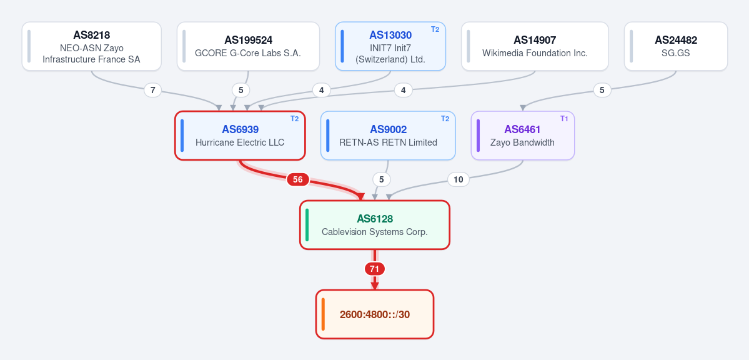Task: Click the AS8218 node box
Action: pyautogui.click(x=92, y=46)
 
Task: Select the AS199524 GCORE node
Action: pyautogui.click(x=248, y=46)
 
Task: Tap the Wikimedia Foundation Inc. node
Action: pyautogui.click(x=535, y=46)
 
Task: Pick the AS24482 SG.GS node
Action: pyautogui.click(x=675, y=46)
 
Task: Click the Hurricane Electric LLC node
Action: pyautogui.click(x=240, y=136)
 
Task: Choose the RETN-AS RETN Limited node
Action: pyautogui.click(x=388, y=136)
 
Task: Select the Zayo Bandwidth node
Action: pyautogui.click(x=523, y=136)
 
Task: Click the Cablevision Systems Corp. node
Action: pyautogui.click(x=375, y=225)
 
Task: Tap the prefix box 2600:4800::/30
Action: pyautogui.click(x=375, y=314)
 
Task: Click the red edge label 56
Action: pyautogui.click(x=297, y=180)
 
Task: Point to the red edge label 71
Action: pyautogui.click(x=375, y=269)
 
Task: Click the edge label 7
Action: pyautogui.click(x=153, y=90)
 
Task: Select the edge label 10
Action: pyautogui.click(x=458, y=180)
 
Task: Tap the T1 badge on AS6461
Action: pyautogui.click(x=564, y=119)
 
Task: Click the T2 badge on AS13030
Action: pyautogui.click(x=435, y=29)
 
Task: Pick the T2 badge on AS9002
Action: pyautogui.click(x=445, y=119)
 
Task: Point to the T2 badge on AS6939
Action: pyautogui.click(x=295, y=119)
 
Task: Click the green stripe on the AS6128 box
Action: pyautogui.click(x=307, y=225)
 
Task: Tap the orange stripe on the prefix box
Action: pyautogui.click(x=323, y=314)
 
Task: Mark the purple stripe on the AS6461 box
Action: pyautogui.click(x=478, y=136)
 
